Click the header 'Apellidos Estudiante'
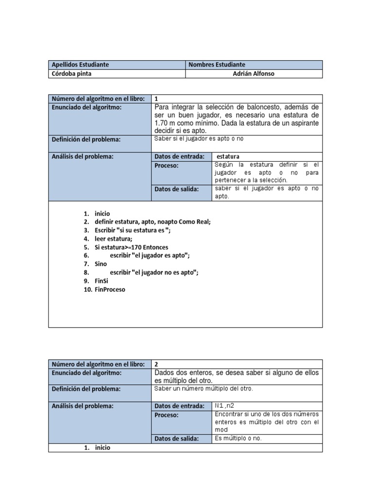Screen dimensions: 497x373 tap(80, 65)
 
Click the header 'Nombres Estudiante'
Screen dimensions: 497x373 tap(217, 65)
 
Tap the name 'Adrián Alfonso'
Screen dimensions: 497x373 tap(254, 74)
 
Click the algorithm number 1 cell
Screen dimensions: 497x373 tap(156, 99)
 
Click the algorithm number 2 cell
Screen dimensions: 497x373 tap(156, 364)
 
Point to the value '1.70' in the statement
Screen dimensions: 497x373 tap(161, 123)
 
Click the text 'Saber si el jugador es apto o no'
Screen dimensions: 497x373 tap(199, 139)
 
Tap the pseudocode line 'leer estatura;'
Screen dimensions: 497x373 tap(113, 239)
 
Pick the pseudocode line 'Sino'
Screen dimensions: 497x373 tap(101, 264)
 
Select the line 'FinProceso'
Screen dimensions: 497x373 tap(110, 290)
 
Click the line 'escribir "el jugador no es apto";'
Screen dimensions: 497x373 tap(154, 273)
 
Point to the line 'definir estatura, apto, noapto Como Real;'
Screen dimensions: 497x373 tap(153, 222)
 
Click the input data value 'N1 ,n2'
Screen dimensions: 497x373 tap(224, 405)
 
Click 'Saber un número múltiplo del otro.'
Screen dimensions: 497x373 tap(203, 389)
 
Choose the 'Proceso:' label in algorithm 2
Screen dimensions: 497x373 tap(167, 415)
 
